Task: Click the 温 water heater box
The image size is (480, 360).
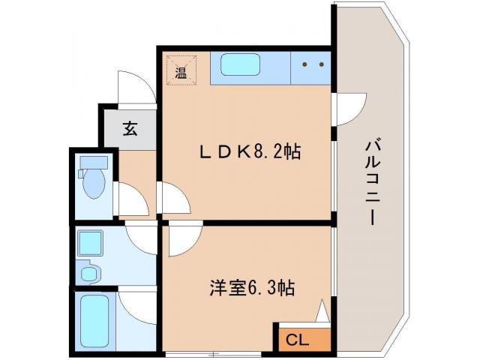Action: (x=181, y=72)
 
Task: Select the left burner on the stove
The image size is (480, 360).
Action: (x=304, y=64)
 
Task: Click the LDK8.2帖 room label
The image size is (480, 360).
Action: (x=250, y=151)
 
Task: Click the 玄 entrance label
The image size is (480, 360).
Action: (x=130, y=129)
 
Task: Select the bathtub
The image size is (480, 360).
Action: (x=94, y=320)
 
